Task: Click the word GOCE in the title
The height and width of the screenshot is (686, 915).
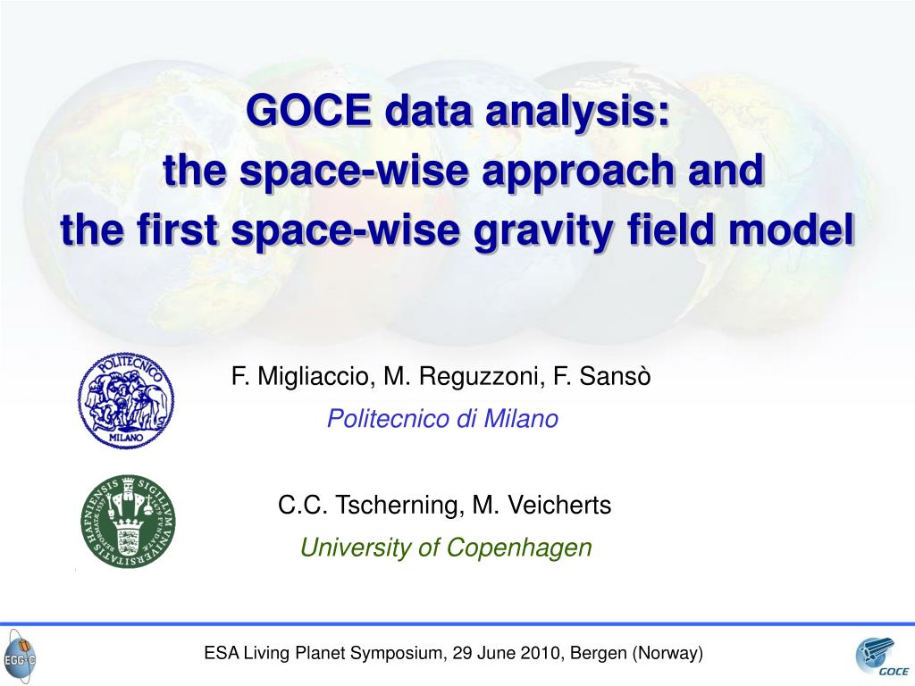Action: (308, 110)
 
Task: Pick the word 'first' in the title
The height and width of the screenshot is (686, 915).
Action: (177, 228)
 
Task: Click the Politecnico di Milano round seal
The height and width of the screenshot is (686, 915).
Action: (126, 400)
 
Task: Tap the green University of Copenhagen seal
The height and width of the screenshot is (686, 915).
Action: (128, 522)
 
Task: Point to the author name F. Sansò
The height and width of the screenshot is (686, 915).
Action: (601, 376)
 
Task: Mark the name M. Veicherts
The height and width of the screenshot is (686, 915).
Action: (541, 506)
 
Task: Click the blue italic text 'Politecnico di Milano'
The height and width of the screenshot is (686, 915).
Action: (442, 419)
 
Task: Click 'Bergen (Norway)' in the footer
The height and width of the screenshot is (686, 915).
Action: (636, 653)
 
